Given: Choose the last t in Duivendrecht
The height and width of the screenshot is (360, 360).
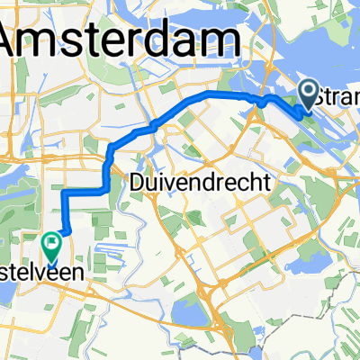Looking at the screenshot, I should point(267,182).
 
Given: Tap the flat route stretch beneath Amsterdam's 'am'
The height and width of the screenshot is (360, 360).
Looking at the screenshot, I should point(225,94).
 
